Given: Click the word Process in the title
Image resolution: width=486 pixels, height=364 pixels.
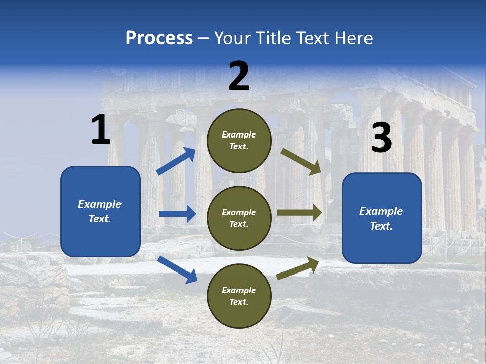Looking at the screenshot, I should point(159,38).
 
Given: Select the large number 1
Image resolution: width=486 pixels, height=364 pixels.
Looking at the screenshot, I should point(101,130).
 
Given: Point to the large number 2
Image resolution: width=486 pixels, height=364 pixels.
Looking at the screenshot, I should point(239,76).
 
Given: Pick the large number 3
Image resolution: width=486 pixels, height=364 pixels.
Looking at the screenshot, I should point(381,138).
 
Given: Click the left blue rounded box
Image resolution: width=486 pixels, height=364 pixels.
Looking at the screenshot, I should point(100,211).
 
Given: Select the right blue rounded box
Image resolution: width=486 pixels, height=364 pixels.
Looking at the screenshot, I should point(382,218).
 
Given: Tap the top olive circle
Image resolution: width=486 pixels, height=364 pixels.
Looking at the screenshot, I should point(239,141).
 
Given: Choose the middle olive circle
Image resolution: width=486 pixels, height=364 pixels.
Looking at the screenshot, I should point(239,218).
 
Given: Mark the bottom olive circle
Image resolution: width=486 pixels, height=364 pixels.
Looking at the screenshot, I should point(239,296).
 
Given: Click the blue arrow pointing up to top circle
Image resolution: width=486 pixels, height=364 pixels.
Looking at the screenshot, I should point(176,161).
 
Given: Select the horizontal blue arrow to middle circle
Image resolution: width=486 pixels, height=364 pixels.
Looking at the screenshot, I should point(177,214).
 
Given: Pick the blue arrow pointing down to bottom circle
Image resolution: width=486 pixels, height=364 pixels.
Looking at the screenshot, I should point(177,269).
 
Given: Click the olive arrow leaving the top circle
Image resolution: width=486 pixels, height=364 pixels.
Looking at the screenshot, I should point(301,161).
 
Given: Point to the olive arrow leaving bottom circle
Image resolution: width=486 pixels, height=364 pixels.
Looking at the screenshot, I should point(298,268).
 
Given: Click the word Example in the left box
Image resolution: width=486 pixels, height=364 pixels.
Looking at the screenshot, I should point(100,204).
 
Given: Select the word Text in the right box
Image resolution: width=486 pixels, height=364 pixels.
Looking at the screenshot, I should point(381,226).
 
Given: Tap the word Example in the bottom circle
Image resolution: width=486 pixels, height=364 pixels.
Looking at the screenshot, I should point(239,290).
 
